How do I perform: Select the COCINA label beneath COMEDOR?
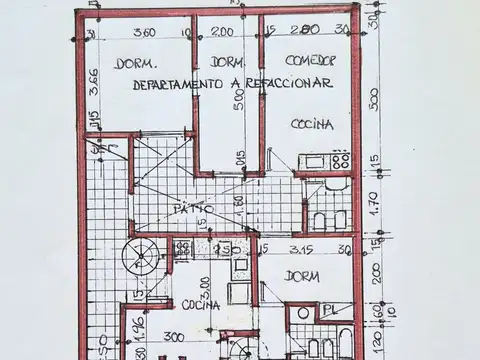click(312, 124)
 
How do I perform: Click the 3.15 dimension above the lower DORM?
click(303, 249)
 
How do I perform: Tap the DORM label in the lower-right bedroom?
click(302, 275)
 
